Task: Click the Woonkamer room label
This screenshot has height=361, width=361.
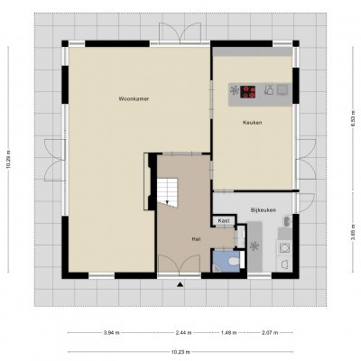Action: [x=134, y=98]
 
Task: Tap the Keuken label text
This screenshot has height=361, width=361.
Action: [x=252, y=123]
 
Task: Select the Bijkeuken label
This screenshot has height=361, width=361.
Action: [x=264, y=210]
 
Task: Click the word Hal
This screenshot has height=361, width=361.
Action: [x=196, y=239]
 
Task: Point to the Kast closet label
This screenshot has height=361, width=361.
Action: [x=224, y=221]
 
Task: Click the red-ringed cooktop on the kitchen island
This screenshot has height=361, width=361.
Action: [x=248, y=92]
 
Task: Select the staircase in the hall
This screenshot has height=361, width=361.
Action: [x=167, y=192]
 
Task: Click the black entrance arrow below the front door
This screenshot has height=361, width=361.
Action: [x=180, y=284]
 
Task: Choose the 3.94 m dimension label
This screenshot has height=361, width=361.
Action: [x=111, y=332]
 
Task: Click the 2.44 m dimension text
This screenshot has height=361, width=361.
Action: [x=184, y=332]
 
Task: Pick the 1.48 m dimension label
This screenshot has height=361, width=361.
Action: [x=229, y=332]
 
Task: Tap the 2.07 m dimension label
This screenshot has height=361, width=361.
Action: [x=270, y=332]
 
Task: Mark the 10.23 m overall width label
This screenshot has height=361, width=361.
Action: [x=180, y=352]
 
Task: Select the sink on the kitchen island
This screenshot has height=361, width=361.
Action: [x=282, y=89]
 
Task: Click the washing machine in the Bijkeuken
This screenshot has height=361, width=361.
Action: [x=283, y=248]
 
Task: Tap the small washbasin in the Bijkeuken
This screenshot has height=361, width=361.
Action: [x=287, y=222]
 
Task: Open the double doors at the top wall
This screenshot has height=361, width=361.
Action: [x=180, y=33]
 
